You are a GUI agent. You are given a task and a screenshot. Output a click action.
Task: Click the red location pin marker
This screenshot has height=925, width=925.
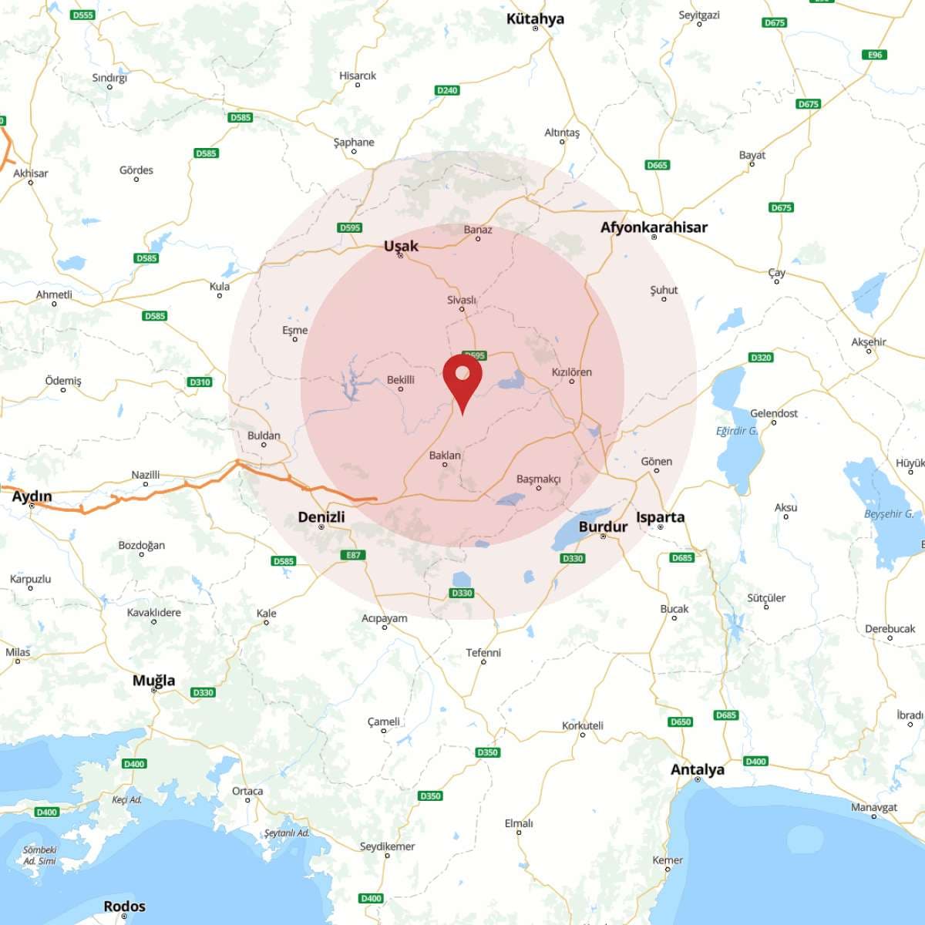click(462, 379)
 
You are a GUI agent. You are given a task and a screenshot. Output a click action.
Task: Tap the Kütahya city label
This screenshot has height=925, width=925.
click(535, 18)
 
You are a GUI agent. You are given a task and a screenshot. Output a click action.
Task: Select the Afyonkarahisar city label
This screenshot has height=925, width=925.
click(654, 227)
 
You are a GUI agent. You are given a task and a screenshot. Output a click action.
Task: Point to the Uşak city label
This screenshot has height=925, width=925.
click(401, 246)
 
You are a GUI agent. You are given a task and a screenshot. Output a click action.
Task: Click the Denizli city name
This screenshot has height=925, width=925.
click(321, 516)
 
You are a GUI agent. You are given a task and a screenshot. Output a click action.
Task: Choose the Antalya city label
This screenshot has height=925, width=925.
click(697, 769)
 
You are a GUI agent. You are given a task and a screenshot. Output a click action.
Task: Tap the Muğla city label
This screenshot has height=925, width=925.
click(153, 680)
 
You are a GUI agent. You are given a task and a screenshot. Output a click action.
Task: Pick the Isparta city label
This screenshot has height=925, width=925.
click(660, 516)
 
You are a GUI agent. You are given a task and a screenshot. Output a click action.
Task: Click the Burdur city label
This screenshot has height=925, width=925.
click(603, 526)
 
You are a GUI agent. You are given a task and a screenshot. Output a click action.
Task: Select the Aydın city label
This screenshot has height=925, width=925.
click(32, 496)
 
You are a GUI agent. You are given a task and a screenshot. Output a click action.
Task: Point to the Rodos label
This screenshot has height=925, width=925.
click(124, 906)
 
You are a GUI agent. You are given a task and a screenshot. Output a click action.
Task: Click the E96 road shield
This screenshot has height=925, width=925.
click(875, 55)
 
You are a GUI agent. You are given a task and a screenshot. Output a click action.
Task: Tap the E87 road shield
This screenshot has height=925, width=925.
click(353, 555)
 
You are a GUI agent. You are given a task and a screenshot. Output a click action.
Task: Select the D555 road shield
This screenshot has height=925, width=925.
click(82, 15)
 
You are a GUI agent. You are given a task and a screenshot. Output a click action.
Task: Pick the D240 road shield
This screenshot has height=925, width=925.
click(447, 90)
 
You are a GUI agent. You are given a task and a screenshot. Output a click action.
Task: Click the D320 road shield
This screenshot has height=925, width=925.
click(760, 358)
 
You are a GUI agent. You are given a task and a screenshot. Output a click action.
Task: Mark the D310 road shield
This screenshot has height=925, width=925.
click(200, 382)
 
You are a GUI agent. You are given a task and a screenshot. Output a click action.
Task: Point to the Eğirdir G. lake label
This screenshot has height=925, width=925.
click(736, 431)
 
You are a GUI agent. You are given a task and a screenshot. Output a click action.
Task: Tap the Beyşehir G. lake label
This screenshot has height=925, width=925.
click(888, 514)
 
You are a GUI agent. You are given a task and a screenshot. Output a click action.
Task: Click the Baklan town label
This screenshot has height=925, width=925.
click(445, 455)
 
